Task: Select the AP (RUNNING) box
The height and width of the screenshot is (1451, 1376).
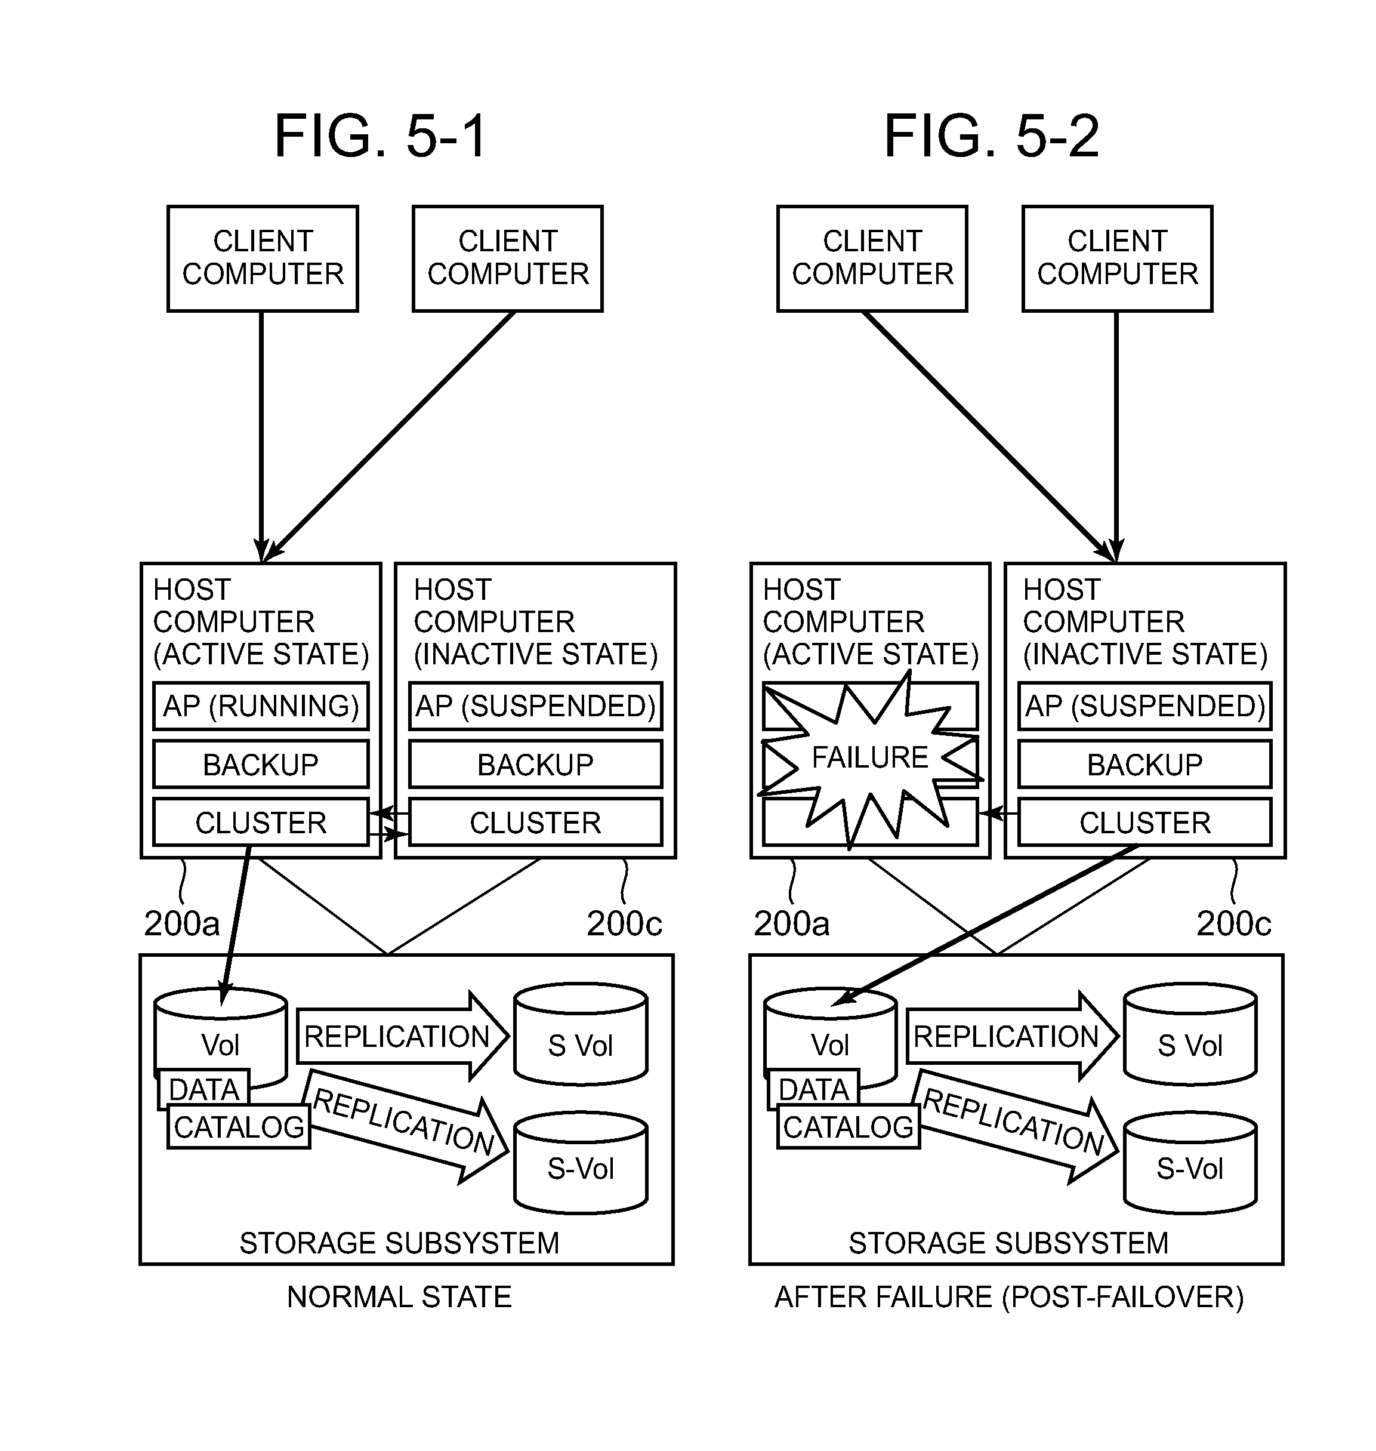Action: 260,706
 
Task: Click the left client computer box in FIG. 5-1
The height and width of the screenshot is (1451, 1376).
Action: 263,258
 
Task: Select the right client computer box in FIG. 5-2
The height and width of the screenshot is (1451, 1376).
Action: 1117,258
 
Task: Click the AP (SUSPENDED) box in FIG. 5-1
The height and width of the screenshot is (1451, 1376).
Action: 535,706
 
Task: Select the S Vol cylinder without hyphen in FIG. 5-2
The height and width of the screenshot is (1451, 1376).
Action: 1190,1045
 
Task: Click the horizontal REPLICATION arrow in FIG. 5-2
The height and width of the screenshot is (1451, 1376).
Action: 1011,1037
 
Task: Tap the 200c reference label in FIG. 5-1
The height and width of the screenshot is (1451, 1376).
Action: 624,923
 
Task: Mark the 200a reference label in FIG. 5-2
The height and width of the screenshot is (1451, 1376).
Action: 791,923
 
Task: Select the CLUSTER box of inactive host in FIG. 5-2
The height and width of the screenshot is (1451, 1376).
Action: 1144,823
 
